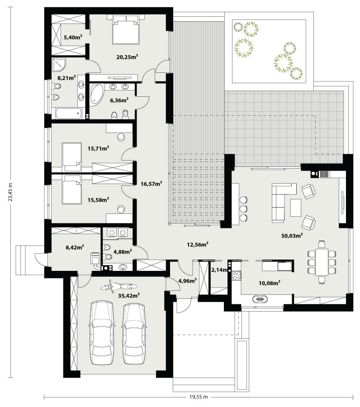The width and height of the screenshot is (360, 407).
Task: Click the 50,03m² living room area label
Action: pos(292,236)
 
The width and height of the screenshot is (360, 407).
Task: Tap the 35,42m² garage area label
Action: pos(129,295)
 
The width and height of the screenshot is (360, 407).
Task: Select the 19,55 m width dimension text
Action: pos(199,397)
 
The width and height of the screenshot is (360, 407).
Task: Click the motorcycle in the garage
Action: pos(118,287)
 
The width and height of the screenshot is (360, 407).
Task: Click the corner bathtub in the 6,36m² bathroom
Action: pos(96,95)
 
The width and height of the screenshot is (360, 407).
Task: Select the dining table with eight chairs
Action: pos(322,262)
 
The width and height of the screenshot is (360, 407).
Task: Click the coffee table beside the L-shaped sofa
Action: pos(296,208)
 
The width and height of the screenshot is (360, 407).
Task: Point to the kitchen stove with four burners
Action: pos(237,275)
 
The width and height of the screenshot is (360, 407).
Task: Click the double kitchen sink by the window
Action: pos(260,299)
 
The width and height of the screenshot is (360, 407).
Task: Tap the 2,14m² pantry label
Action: pos(220,270)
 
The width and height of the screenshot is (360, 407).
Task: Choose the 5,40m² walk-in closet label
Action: pos(73,37)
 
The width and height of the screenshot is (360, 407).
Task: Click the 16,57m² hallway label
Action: pos(152,184)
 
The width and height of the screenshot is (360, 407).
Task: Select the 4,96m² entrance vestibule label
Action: pos(187,280)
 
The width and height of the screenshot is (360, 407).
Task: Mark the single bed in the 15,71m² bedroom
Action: pos(71,157)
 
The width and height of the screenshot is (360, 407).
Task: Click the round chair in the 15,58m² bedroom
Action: pos(121,209)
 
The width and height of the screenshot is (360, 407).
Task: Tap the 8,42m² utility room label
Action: pos(75,247)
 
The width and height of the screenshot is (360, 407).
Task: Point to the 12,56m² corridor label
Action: pos(198,244)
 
